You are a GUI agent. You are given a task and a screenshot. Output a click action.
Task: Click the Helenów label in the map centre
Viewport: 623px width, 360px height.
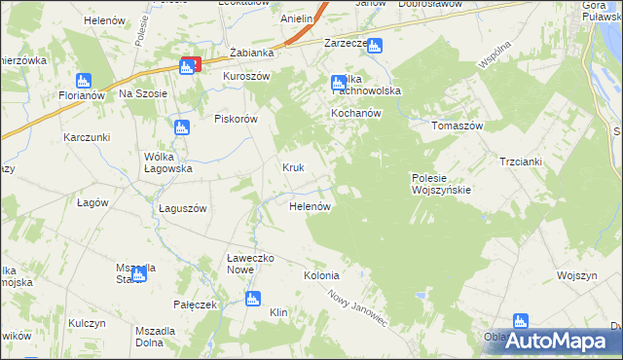[x=311, y=207]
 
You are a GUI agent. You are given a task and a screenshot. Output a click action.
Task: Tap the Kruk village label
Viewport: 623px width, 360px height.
[x=293, y=167]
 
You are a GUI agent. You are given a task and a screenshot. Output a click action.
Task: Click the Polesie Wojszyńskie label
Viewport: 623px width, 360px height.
[x=440, y=183]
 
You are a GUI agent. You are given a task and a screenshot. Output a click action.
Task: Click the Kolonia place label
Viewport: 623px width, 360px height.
[x=321, y=275]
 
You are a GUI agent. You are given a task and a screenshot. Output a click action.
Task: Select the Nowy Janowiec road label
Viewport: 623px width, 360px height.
[x=358, y=309]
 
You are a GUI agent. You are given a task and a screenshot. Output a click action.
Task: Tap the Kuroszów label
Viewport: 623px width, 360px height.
[x=246, y=76]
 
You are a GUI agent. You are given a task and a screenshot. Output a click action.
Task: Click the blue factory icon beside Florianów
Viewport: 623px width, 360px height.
[x=84, y=81]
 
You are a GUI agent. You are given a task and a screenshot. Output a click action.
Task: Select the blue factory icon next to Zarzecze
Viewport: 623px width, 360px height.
[x=375, y=45]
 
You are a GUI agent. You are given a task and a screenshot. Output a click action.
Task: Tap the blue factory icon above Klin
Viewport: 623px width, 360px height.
[x=253, y=299]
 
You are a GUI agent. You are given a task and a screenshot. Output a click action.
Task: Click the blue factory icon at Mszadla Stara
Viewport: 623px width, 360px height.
[x=140, y=272]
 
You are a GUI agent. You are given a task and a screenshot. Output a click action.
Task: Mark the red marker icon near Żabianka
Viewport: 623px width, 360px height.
[x=191, y=65]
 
